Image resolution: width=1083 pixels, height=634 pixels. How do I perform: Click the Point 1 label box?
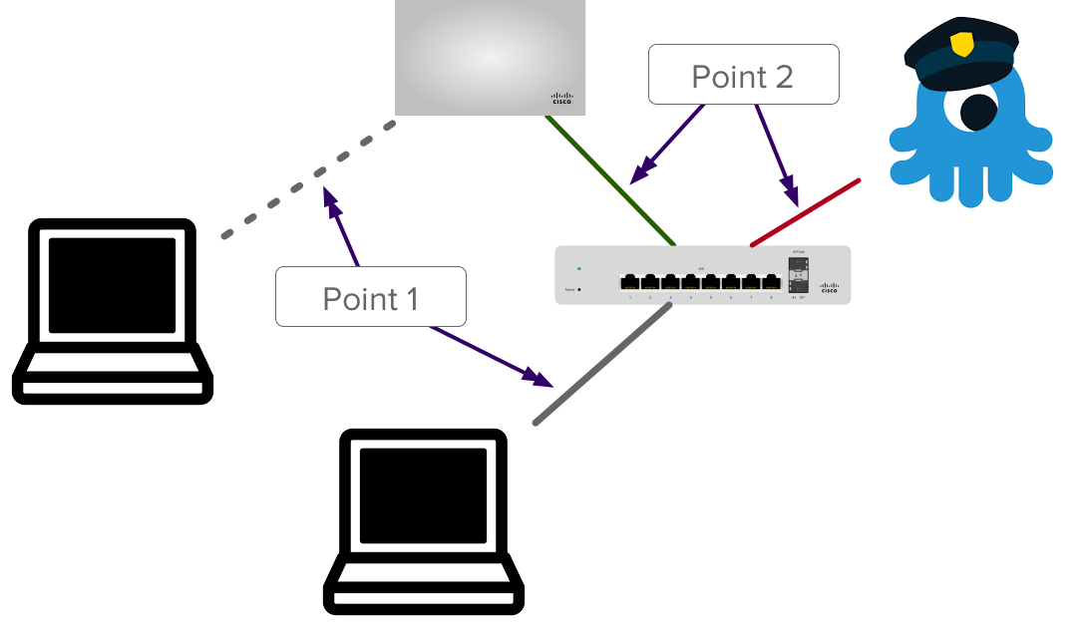coord(371,297)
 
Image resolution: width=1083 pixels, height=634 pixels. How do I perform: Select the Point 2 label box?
coord(743,75)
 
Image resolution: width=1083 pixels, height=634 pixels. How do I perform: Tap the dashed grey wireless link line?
coord(309,179)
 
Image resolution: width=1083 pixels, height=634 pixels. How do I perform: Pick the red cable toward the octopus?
coord(804,211)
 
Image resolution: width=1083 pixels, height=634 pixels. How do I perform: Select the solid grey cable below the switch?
coord(603,363)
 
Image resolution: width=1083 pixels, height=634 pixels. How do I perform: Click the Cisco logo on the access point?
coord(562,98)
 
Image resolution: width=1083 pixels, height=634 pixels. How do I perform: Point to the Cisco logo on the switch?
coord(829,288)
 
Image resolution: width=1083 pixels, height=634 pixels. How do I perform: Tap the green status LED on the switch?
coord(579,268)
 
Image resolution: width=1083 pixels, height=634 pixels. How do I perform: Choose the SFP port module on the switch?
coord(798,277)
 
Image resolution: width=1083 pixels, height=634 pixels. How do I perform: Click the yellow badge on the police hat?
coord(961,44)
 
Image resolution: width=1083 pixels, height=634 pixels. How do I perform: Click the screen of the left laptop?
coord(112,285)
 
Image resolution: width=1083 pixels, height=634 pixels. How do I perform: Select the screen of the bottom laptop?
coord(423,496)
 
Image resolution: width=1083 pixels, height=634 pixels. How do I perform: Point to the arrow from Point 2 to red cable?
coord(775,150)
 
